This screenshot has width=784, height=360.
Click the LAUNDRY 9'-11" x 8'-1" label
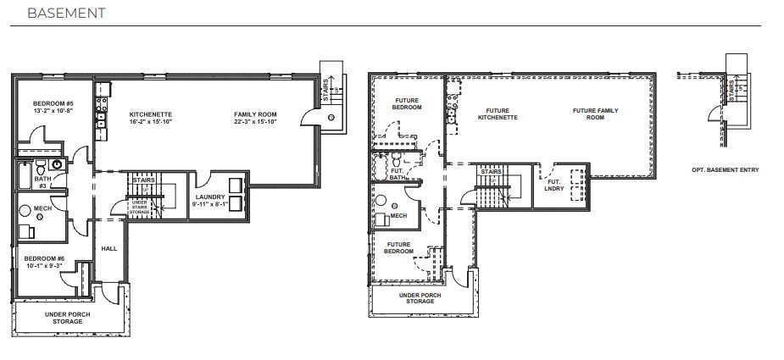(208, 201)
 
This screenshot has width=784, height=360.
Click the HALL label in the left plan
(109, 248)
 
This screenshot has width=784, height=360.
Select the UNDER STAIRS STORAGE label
(139, 206)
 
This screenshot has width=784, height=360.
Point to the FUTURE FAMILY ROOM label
(595, 114)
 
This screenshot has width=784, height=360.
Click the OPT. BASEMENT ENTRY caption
(725, 170)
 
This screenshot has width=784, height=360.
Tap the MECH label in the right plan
(398, 215)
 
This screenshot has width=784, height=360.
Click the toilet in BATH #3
(56, 165)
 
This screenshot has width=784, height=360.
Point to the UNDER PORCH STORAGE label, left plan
(68, 318)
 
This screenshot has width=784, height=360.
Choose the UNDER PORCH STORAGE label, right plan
(420, 297)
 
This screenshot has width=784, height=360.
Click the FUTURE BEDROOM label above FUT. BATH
(407, 105)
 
